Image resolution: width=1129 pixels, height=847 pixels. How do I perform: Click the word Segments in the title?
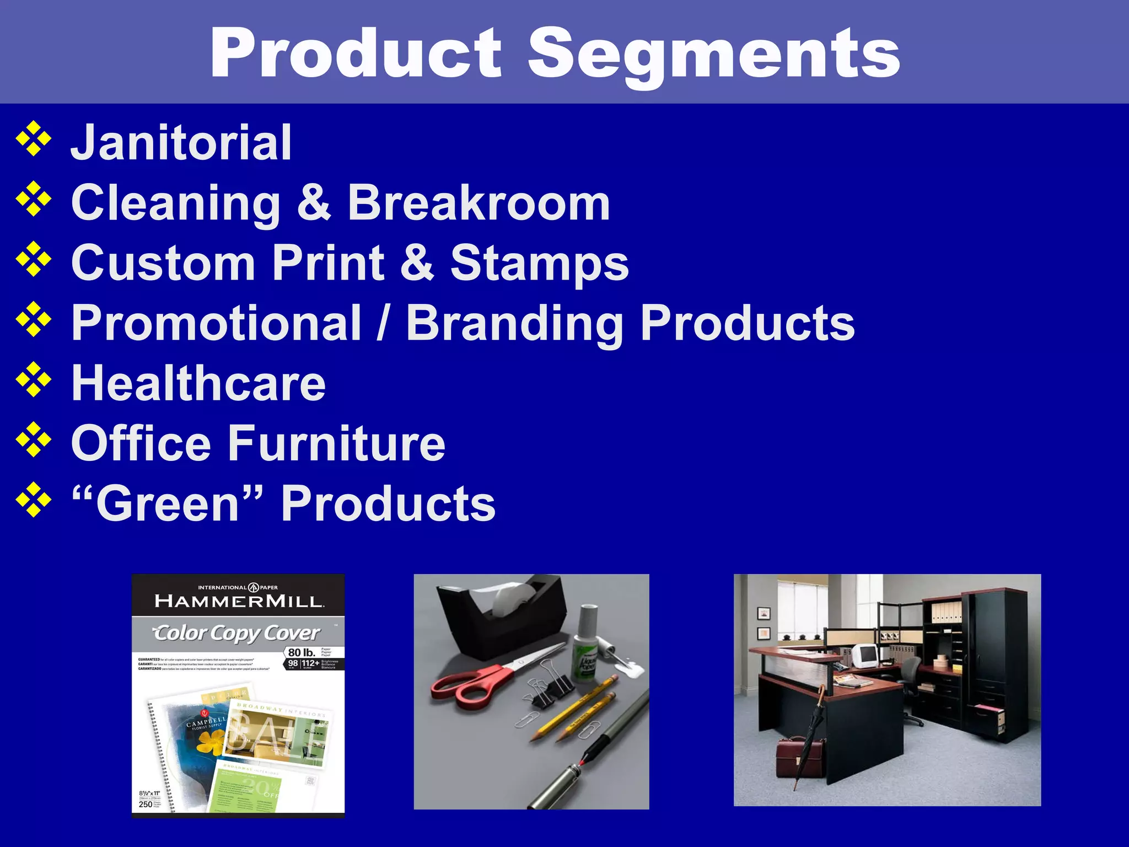tap(714, 53)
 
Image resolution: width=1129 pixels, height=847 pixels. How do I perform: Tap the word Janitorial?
tap(181, 142)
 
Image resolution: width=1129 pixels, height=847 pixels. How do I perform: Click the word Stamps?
tap(539, 263)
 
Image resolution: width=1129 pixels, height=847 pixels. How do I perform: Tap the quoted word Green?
tap(168, 503)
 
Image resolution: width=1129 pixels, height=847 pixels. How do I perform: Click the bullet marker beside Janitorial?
tap(34, 139)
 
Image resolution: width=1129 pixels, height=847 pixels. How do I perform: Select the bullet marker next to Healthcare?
tap(34, 380)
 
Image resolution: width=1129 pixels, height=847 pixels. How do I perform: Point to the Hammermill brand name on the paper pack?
tap(239, 601)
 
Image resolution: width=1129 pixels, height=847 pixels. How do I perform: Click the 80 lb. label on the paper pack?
tap(302, 652)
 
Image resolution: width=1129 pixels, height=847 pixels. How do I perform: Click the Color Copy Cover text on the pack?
tap(235, 633)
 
